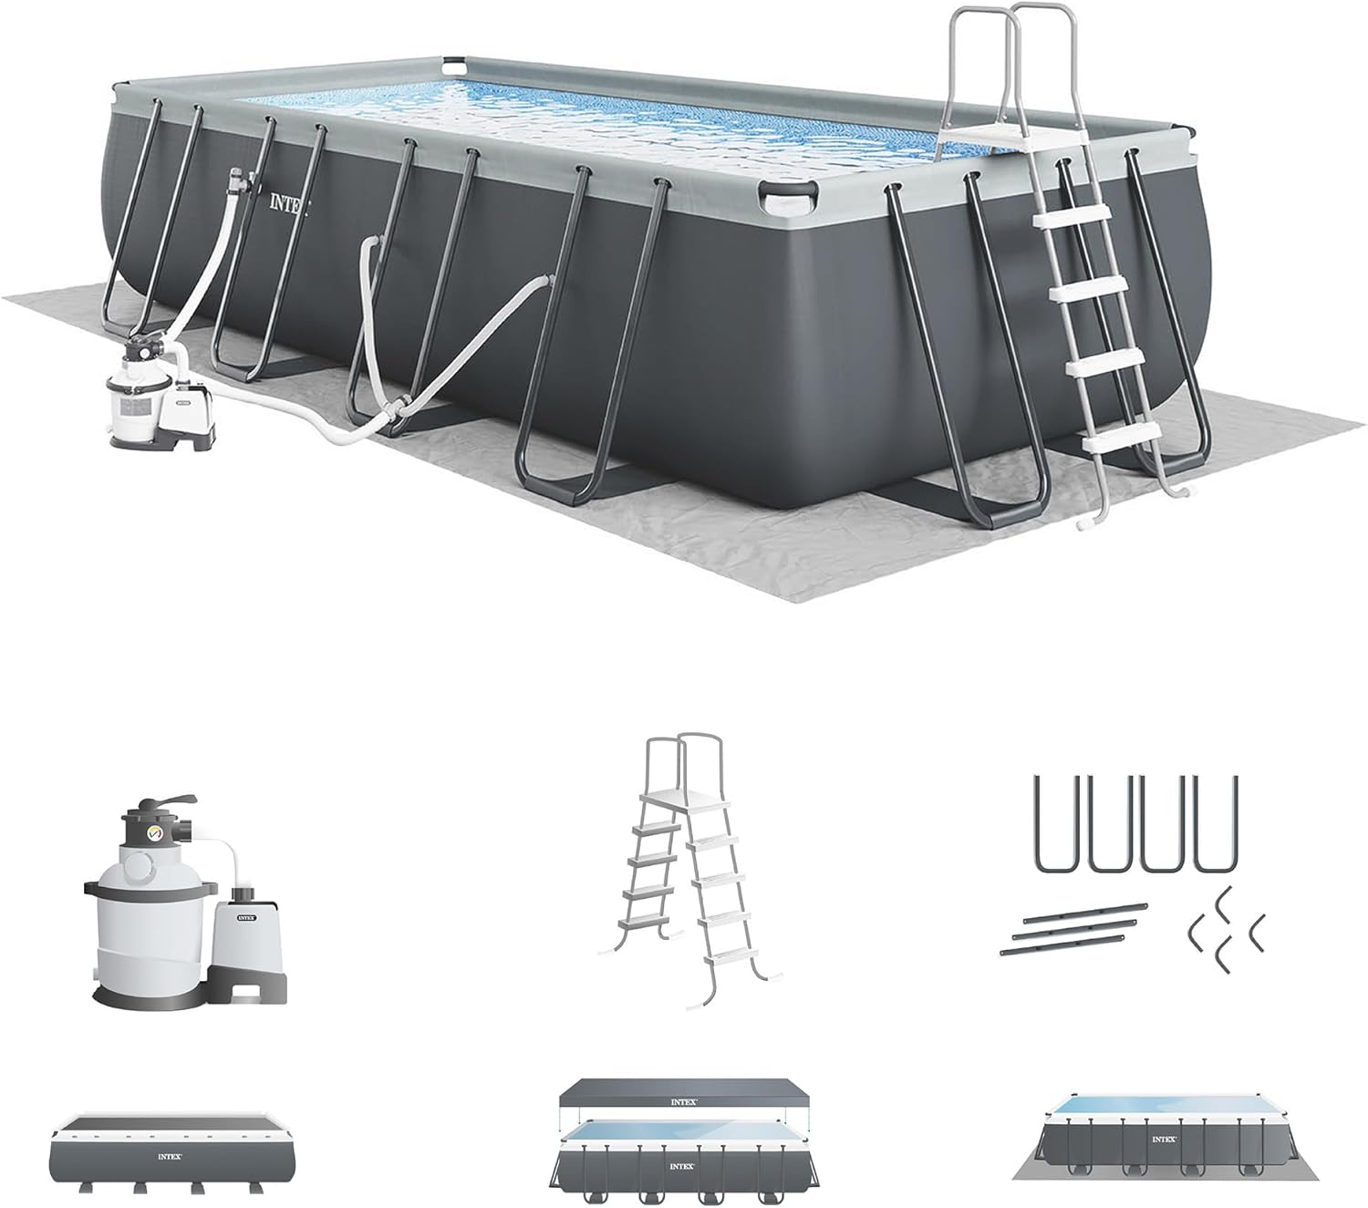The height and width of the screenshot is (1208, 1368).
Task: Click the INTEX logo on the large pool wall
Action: click(x=288, y=203)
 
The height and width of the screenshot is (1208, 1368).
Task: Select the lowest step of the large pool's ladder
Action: click(x=1121, y=439)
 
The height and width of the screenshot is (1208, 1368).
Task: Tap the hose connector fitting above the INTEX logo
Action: click(x=239, y=179)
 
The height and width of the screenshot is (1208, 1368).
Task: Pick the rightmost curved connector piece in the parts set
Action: click(x=1257, y=929)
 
